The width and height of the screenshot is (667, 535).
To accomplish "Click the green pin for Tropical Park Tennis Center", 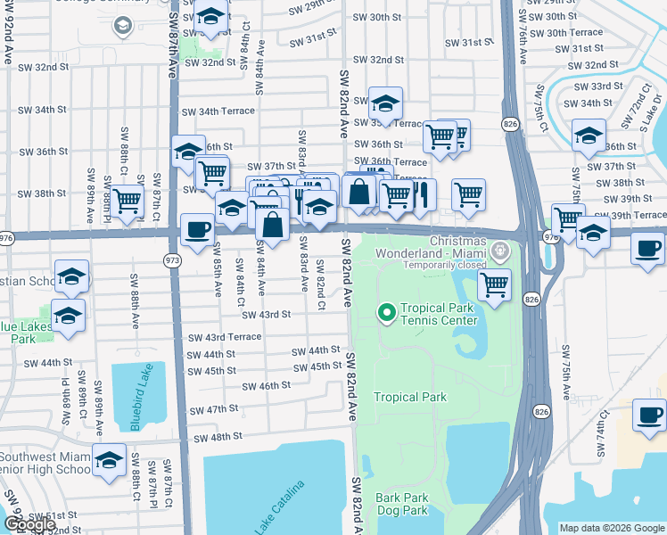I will (386, 313).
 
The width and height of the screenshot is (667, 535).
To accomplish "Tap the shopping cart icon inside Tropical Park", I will (494, 285).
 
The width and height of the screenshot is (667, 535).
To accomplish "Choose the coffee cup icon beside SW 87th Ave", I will (196, 229).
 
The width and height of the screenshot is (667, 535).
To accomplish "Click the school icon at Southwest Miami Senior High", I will (109, 459).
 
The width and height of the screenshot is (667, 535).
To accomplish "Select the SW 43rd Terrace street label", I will (225, 337).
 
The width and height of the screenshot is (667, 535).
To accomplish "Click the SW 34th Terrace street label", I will (218, 111).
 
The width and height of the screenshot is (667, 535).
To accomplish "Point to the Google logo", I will (29, 525).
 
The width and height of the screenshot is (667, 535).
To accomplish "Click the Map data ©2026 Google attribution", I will (612, 528).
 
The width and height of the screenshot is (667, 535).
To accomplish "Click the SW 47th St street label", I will (215, 409).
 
